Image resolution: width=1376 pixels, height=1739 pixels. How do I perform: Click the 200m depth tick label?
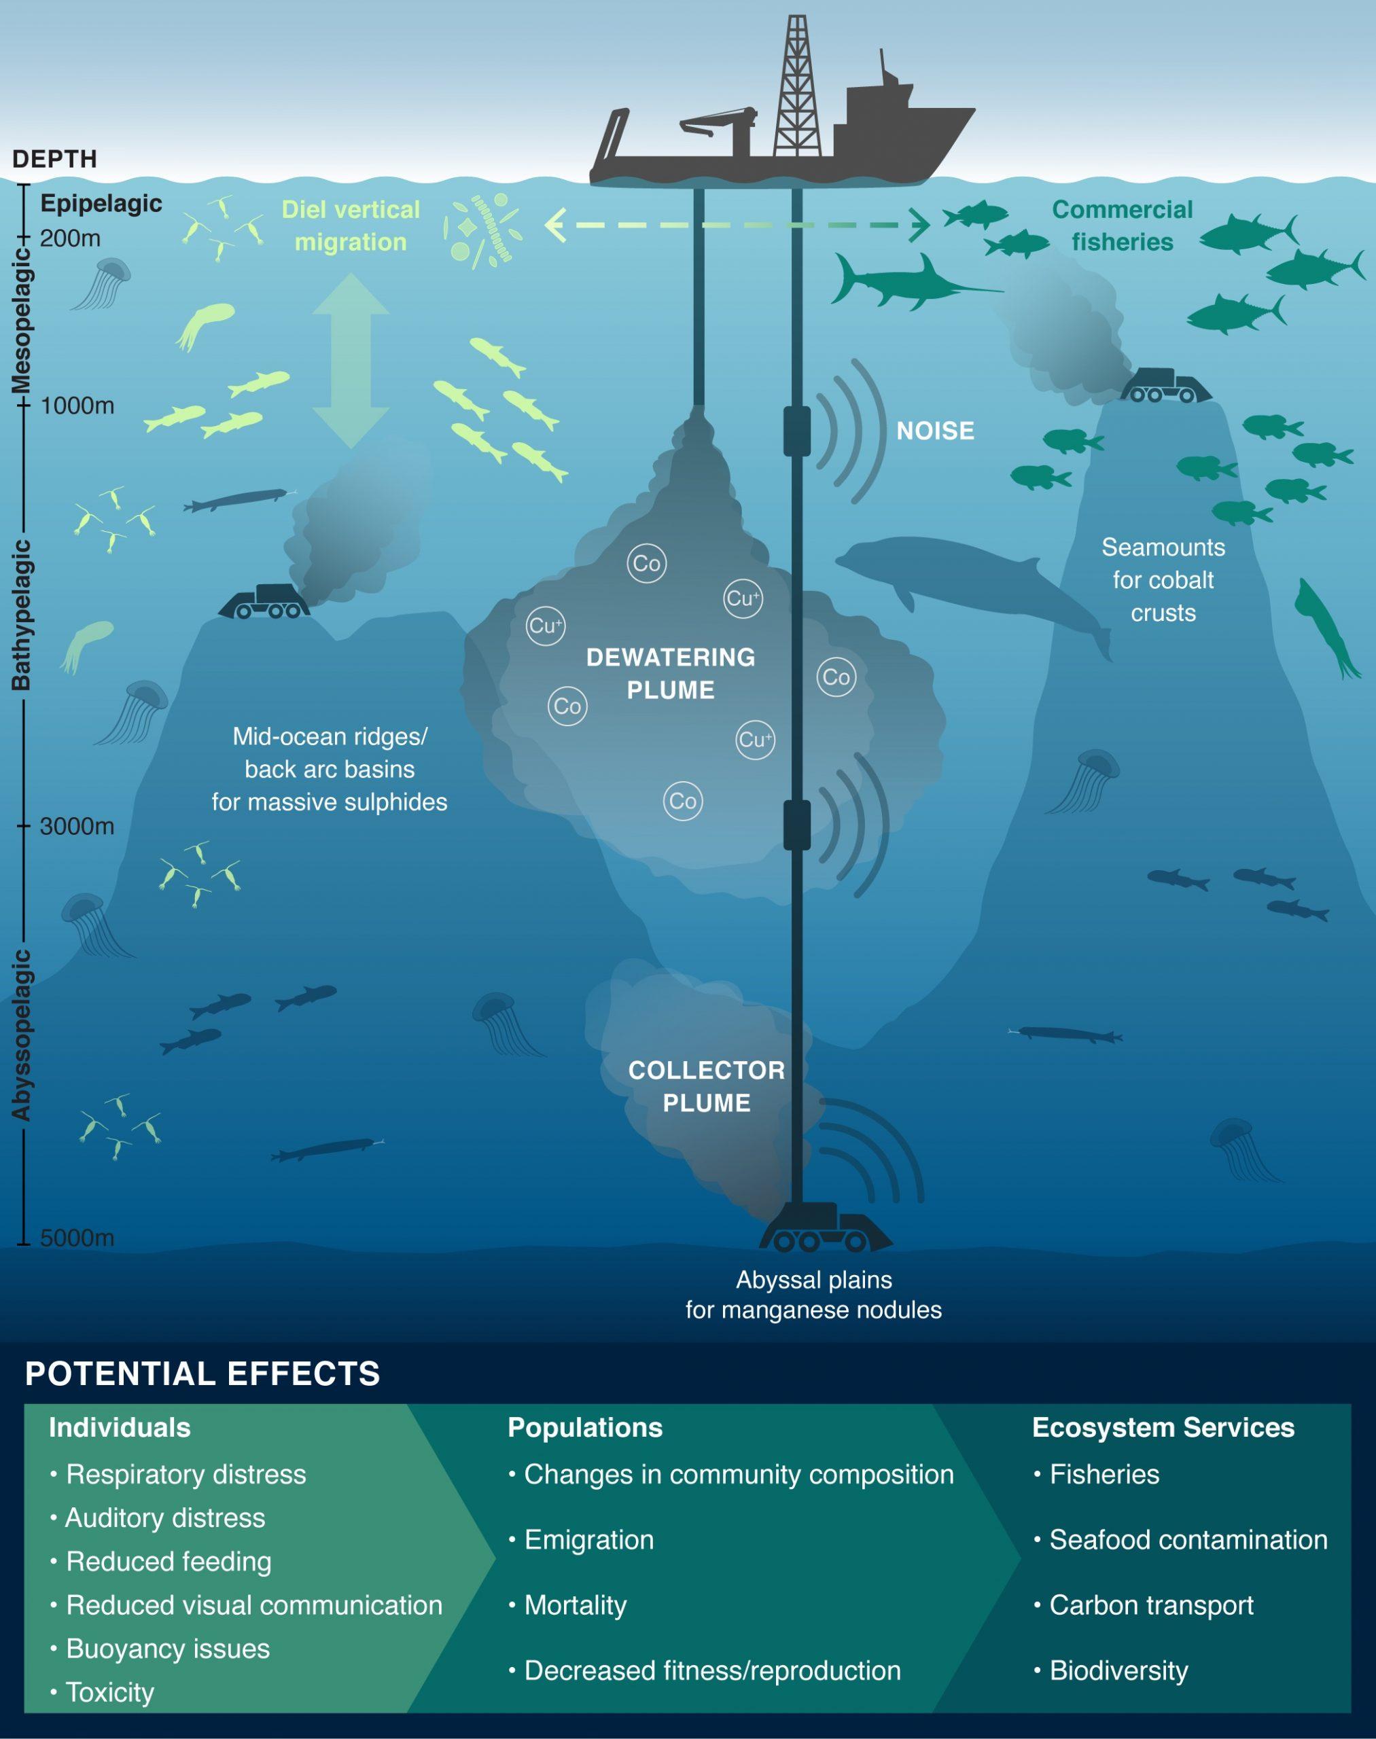70,238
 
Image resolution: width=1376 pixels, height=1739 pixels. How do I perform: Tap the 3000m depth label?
77,827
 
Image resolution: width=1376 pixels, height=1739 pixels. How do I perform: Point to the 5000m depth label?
77,1237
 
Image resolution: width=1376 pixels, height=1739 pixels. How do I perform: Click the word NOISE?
934,431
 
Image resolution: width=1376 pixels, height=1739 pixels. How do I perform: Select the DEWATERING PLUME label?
670,673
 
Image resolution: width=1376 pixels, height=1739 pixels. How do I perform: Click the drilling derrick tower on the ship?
797,88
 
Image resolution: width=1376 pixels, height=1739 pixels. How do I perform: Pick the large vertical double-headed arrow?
351,361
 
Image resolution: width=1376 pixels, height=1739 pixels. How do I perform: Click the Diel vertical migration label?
351,226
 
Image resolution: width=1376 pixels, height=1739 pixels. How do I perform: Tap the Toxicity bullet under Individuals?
109,1692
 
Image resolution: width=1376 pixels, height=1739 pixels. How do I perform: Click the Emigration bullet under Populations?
588,1540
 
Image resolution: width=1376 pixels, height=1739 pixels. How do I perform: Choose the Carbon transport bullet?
1150,1605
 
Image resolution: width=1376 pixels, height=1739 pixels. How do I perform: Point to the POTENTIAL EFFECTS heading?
202,1374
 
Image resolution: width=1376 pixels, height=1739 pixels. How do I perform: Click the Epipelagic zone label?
101,204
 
